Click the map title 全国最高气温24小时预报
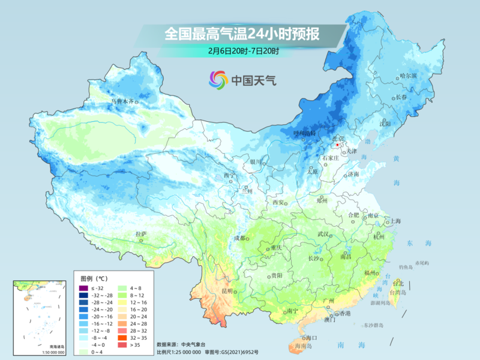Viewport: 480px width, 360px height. [242, 34]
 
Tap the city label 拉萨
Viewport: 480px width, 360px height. [140, 234]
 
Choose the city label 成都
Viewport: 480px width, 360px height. [239, 238]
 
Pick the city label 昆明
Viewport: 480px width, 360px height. [227, 291]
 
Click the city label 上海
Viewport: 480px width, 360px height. [395, 221]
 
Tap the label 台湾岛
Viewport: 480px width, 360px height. [398, 292]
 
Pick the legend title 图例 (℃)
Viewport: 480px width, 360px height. [94, 278]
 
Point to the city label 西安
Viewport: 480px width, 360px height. [279, 202]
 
